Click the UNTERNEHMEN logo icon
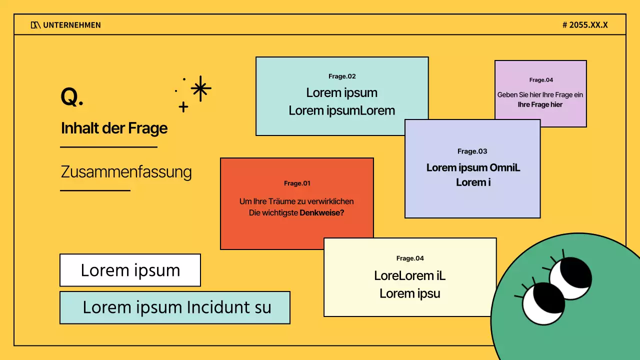pyautogui.click(x=35, y=25)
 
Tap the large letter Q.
pyautogui.click(x=71, y=97)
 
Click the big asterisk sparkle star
pyautogui.click(x=200, y=88)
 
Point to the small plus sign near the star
pyautogui.click(x=183, y=106)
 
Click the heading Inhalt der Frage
pyautogui.click(x=114, y=128)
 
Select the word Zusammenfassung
pyautogui.click(x=126, y=172)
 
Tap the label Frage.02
pyautogui.click(x=342, y=76)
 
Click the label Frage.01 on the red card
pyautogui.click(x=297, y=183)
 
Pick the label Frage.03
pyautogui.click(x=472, y=151)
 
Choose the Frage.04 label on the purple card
pyautogui.click(x=541, y=80)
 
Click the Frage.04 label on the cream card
pyautogui.click(x=410, y=258)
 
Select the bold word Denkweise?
pyautogui.click(x=322, y=212)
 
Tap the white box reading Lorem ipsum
pyautogui.click(x=130, y=270)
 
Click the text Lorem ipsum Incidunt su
pyautogui.click(x=176, y=307)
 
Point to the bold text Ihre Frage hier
pyautogui.click(x=540, y=104)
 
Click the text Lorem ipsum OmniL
pyautogui.click(x=473, y=167)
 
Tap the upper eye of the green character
pyautogui.click(x=570, y=278)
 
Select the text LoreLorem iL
pyautogui.click(x=409, y=275)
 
